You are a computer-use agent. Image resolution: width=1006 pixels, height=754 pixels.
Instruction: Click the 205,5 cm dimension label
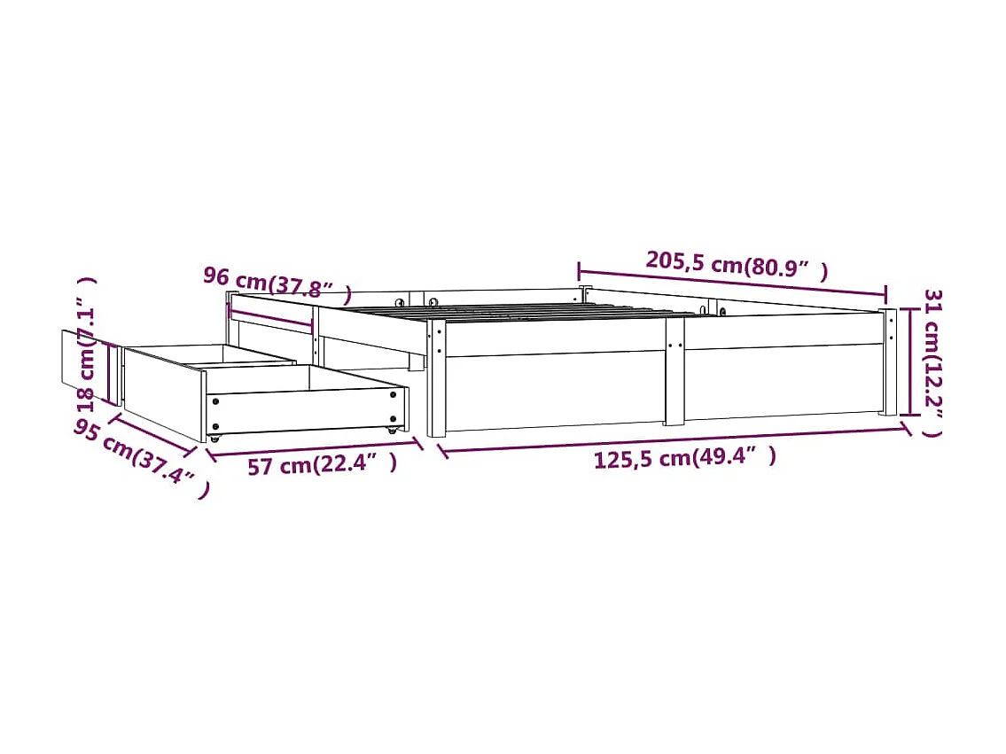click(x=737, y=264)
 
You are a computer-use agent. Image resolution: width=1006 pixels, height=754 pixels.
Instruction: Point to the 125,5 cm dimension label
click(x=684, y=458)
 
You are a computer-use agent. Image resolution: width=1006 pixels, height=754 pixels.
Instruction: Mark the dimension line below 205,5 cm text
click(x=732, y=282)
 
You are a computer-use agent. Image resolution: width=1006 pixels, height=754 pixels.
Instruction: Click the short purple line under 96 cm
click(x=271, y=316)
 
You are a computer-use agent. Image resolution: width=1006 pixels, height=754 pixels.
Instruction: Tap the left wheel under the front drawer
click(x=214, y=438)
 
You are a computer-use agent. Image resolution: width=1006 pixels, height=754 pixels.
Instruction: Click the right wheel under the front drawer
click(x=391, y=429)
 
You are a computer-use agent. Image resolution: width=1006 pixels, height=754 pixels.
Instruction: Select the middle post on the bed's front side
click(x=675, y=372)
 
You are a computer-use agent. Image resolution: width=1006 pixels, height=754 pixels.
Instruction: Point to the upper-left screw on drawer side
click(x=215, y=400)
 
